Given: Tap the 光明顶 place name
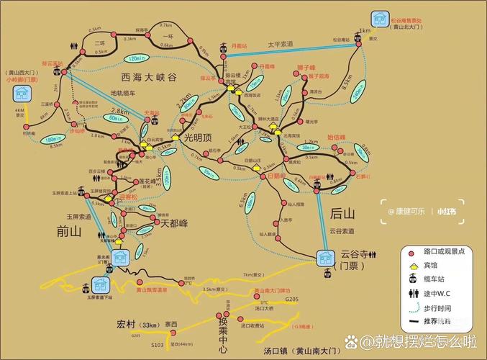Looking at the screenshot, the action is point(199,137).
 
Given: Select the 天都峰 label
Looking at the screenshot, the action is point(173,223).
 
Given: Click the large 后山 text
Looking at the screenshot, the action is point(342,213).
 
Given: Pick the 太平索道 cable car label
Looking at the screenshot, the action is point(283,44).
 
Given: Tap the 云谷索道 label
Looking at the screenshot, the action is point(343,231).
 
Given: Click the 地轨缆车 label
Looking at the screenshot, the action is point(128,93).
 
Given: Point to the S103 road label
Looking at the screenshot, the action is point(157,346).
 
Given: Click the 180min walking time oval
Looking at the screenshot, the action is point(53,139).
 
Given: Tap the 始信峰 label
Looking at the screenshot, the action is point(337,137).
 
